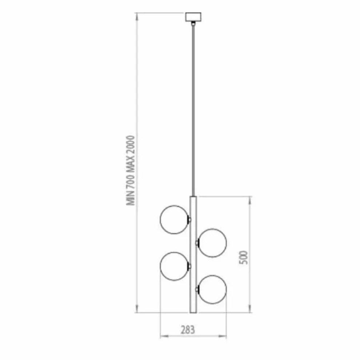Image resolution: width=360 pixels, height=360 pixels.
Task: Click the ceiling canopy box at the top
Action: coord(193,17)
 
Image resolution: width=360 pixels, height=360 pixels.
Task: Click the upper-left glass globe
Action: coord(174,220)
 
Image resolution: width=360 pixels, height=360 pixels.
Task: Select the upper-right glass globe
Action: coord(212,243)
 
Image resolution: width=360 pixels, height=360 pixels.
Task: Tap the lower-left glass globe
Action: coord(174,267)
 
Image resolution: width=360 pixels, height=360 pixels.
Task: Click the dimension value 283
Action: coord(188,330)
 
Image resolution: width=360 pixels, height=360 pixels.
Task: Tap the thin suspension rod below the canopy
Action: coord(193,109)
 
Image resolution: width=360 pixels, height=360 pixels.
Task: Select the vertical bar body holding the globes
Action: coord(193,255)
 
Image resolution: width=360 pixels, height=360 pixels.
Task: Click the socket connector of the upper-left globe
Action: coord(189,220)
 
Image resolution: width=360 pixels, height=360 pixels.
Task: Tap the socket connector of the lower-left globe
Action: coord(189,267)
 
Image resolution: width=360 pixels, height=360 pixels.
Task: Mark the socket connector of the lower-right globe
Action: coord(197,289)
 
